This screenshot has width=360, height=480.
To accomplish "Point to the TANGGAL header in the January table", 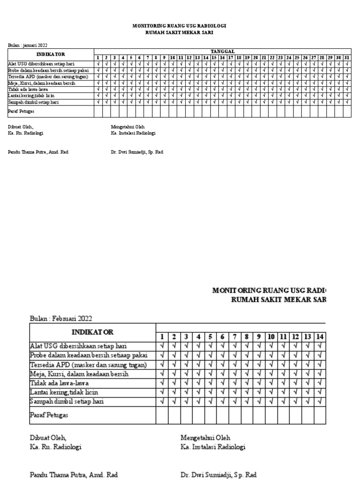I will click(x=223, y=51).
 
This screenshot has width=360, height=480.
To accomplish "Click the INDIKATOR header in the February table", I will click(x=92, y=332).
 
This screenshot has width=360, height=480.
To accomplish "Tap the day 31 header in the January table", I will click(x=347, y=57).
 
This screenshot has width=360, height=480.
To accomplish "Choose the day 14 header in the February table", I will click(x=320, y=337).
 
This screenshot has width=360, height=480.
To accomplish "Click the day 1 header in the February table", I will click(x=162, y=337).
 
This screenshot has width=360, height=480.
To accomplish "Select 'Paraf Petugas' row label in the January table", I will click(x=22, y=112).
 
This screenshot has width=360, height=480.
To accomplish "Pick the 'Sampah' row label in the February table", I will click(x=67, y=401).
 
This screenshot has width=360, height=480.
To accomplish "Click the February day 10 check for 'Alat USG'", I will click(x=271, y=346).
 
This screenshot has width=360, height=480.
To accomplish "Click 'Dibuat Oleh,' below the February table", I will click(x=48, y=437).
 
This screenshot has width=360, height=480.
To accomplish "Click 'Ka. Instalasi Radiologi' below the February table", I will click(x=213, y=447).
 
